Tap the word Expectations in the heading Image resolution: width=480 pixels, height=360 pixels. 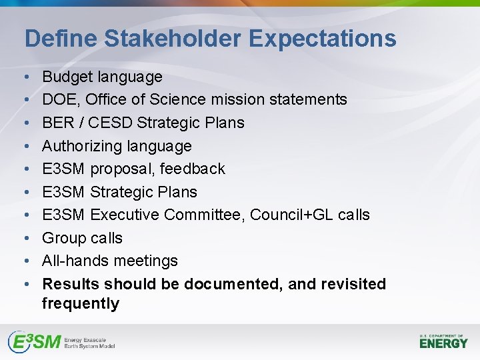point(323,39)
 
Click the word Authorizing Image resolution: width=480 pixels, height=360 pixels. point(79,146)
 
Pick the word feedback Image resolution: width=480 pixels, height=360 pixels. point(194,169)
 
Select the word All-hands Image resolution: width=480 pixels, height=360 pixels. point(75,261)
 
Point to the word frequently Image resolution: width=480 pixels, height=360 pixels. point(81,304)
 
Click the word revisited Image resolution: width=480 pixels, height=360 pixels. point(353,284)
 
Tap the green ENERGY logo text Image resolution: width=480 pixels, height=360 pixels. point(444,343)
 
